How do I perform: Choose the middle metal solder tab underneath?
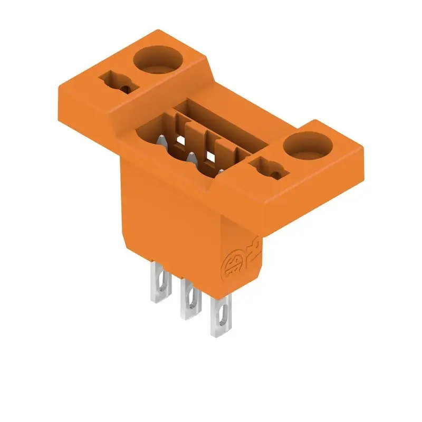pyautogui.click(x=188, y=301)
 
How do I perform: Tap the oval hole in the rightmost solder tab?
pyautogui.click(x=222, y=319)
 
